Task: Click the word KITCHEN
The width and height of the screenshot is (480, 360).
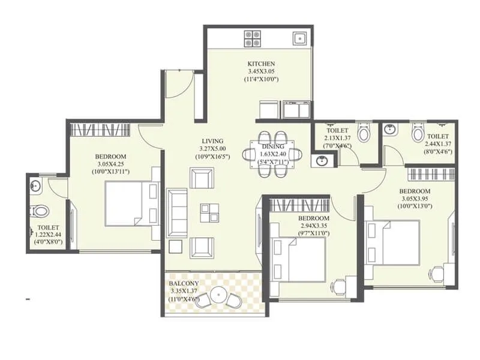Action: click(x=261, y=64)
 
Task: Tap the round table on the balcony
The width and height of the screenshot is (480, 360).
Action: click(x=219, y=296)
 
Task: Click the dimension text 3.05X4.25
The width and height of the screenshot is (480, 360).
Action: click(x=110, y=164)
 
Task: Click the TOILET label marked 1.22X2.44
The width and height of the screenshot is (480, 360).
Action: click(x=47, y=227)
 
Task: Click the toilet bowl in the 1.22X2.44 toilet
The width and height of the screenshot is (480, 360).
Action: click(x=40, y=211)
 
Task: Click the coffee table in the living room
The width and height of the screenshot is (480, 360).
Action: click(x=209, y=212)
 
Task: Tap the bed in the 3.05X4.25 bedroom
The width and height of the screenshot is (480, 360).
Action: click(x=131, y=202)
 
